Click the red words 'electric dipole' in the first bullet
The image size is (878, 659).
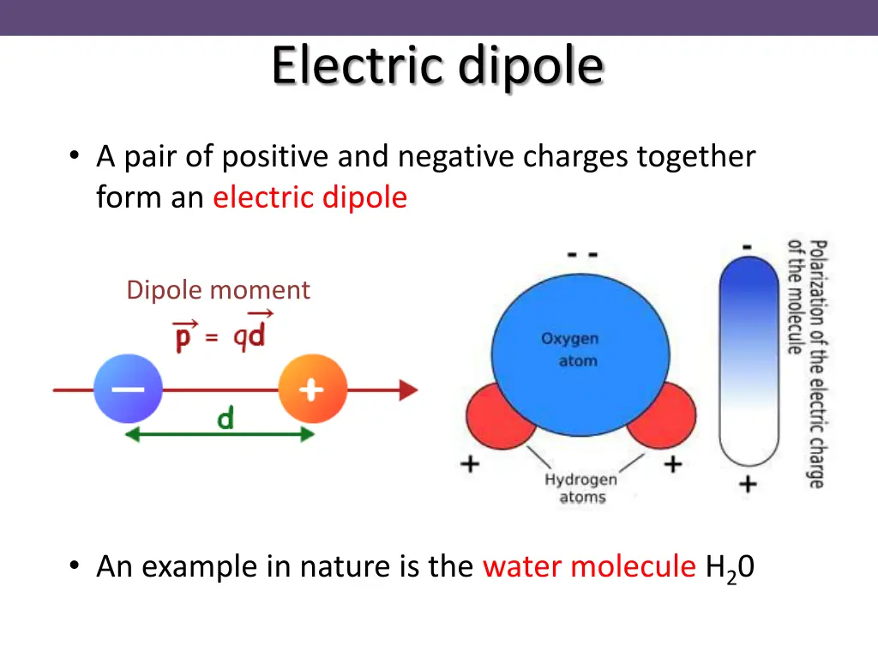310,198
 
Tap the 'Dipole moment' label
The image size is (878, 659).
218,290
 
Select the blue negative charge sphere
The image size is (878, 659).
128,390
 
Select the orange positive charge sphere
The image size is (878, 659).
312,390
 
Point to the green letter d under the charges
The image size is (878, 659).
226,420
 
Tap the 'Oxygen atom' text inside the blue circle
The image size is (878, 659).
570,350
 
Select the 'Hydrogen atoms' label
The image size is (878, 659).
581,488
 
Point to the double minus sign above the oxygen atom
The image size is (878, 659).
582,255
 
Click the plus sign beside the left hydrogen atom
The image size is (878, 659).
470,465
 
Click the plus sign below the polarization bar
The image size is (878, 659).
748,484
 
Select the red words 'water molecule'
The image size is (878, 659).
589,566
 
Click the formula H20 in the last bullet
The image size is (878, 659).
729,568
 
